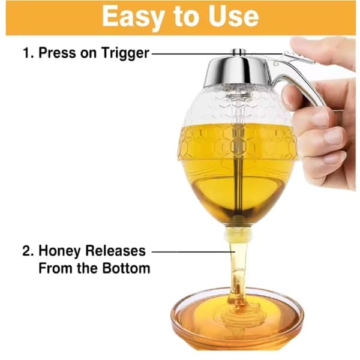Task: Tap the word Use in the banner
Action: [x=233, y=16]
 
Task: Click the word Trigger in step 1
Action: [x=125, y=53]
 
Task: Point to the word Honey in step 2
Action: [x=60, y=251]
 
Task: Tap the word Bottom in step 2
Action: [x=126, y=268]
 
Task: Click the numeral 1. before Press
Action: [x=28, y=53]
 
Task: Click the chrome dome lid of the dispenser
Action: [x=237, y=71]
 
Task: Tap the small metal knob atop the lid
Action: [x=239, y=52]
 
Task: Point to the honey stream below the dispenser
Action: [x=238, y=275]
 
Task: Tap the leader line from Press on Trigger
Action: [x=217, y=54]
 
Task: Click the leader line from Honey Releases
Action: [x=193, y=251]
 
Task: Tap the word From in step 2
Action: [x=56, y=268]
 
